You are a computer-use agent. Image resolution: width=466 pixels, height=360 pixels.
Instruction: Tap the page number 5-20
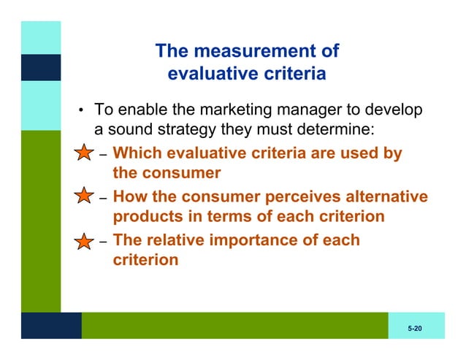[415, 329]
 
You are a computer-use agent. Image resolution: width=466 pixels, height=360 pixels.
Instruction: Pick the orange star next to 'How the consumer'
[85, 196]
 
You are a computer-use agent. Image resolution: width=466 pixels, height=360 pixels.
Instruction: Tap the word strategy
[186, 131]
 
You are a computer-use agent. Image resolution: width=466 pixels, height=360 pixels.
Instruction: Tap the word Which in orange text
[138, 154]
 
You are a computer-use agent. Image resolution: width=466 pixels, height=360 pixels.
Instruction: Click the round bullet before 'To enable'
[83, 112]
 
